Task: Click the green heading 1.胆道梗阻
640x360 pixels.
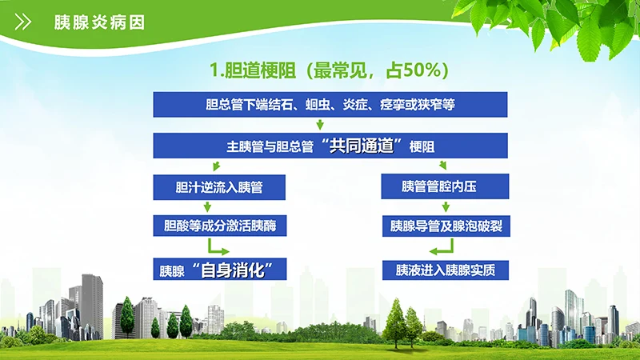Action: point(264,70)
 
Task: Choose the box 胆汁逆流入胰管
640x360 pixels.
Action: point(219,187)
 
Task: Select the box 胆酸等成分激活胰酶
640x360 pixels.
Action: point(219,226)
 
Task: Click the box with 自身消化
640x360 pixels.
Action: point(219,270)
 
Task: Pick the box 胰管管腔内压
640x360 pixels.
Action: point(445,187)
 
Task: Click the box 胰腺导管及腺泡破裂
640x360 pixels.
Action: point(445,226)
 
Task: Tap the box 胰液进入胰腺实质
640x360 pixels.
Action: point(445,270)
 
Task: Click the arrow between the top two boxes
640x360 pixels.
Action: point(320,125)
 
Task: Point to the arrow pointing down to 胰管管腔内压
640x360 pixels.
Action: point(442,166)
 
